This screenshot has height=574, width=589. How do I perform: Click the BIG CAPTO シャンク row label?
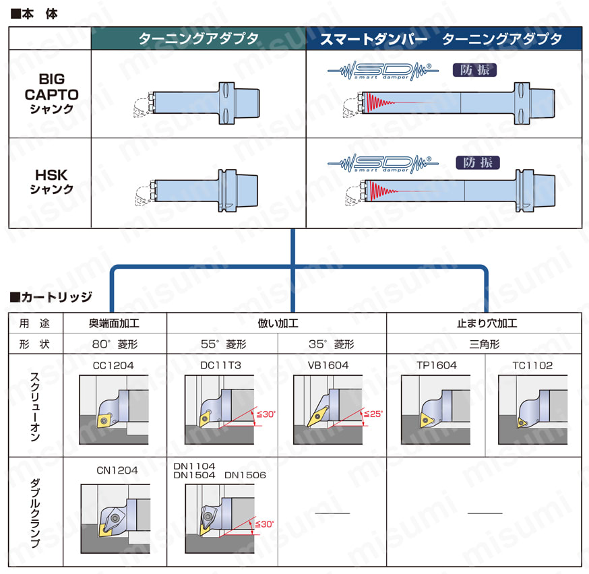(51, 94)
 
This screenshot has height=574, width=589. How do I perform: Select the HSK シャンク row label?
(51, 182)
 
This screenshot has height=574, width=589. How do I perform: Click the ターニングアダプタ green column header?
(199, 39)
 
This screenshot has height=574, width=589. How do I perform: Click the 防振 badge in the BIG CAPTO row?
(474, 69)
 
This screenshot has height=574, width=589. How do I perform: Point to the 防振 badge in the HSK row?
(477, 162)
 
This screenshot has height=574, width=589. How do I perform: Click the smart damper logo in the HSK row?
(382, 162)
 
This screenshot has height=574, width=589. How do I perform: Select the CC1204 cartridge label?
(115, 365)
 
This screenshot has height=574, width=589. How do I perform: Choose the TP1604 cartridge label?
(437, 365)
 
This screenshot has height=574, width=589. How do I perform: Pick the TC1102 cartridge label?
(532, 365)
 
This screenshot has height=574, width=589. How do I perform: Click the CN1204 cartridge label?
(115, 470)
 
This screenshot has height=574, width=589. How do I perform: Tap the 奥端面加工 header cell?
(115, 323)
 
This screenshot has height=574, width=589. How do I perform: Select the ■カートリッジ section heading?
(51, 296)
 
